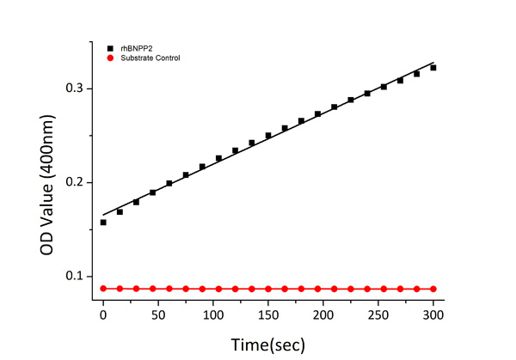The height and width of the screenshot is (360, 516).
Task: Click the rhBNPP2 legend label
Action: [x=133, y=48]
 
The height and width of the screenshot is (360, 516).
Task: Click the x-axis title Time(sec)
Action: [x=267, y=344]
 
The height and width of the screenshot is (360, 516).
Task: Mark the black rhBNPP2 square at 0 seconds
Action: [x=103, y=222]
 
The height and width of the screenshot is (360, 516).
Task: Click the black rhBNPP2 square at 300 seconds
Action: [x=433, y=68]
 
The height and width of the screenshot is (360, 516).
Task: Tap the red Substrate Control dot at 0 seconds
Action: [x=103, y=289]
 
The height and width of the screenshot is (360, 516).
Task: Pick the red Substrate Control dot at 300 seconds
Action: [x=433, y=289]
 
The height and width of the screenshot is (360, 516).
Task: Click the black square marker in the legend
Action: [x=109, y=48]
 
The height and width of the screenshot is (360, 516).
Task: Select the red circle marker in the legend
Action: [x=109, y=58]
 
